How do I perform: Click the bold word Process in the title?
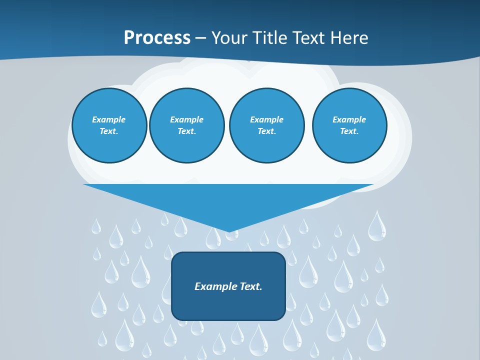tap(157, 37)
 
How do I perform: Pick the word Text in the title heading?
tap(308, 37)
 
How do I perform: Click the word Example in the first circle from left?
tap(109, 119)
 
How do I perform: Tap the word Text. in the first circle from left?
tap(109, 131)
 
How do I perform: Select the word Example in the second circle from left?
tap(186, 119)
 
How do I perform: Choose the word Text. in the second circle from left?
tap(186, 131)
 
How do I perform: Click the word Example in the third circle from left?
tap(266, 119)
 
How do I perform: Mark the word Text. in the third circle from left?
tap(266, 131)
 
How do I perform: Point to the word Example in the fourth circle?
tap(349, 119)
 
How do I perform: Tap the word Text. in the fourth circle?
tap(349, 131)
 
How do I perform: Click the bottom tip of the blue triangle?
tap(228, 231)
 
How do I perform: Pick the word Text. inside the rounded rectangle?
tap(251, 286)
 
